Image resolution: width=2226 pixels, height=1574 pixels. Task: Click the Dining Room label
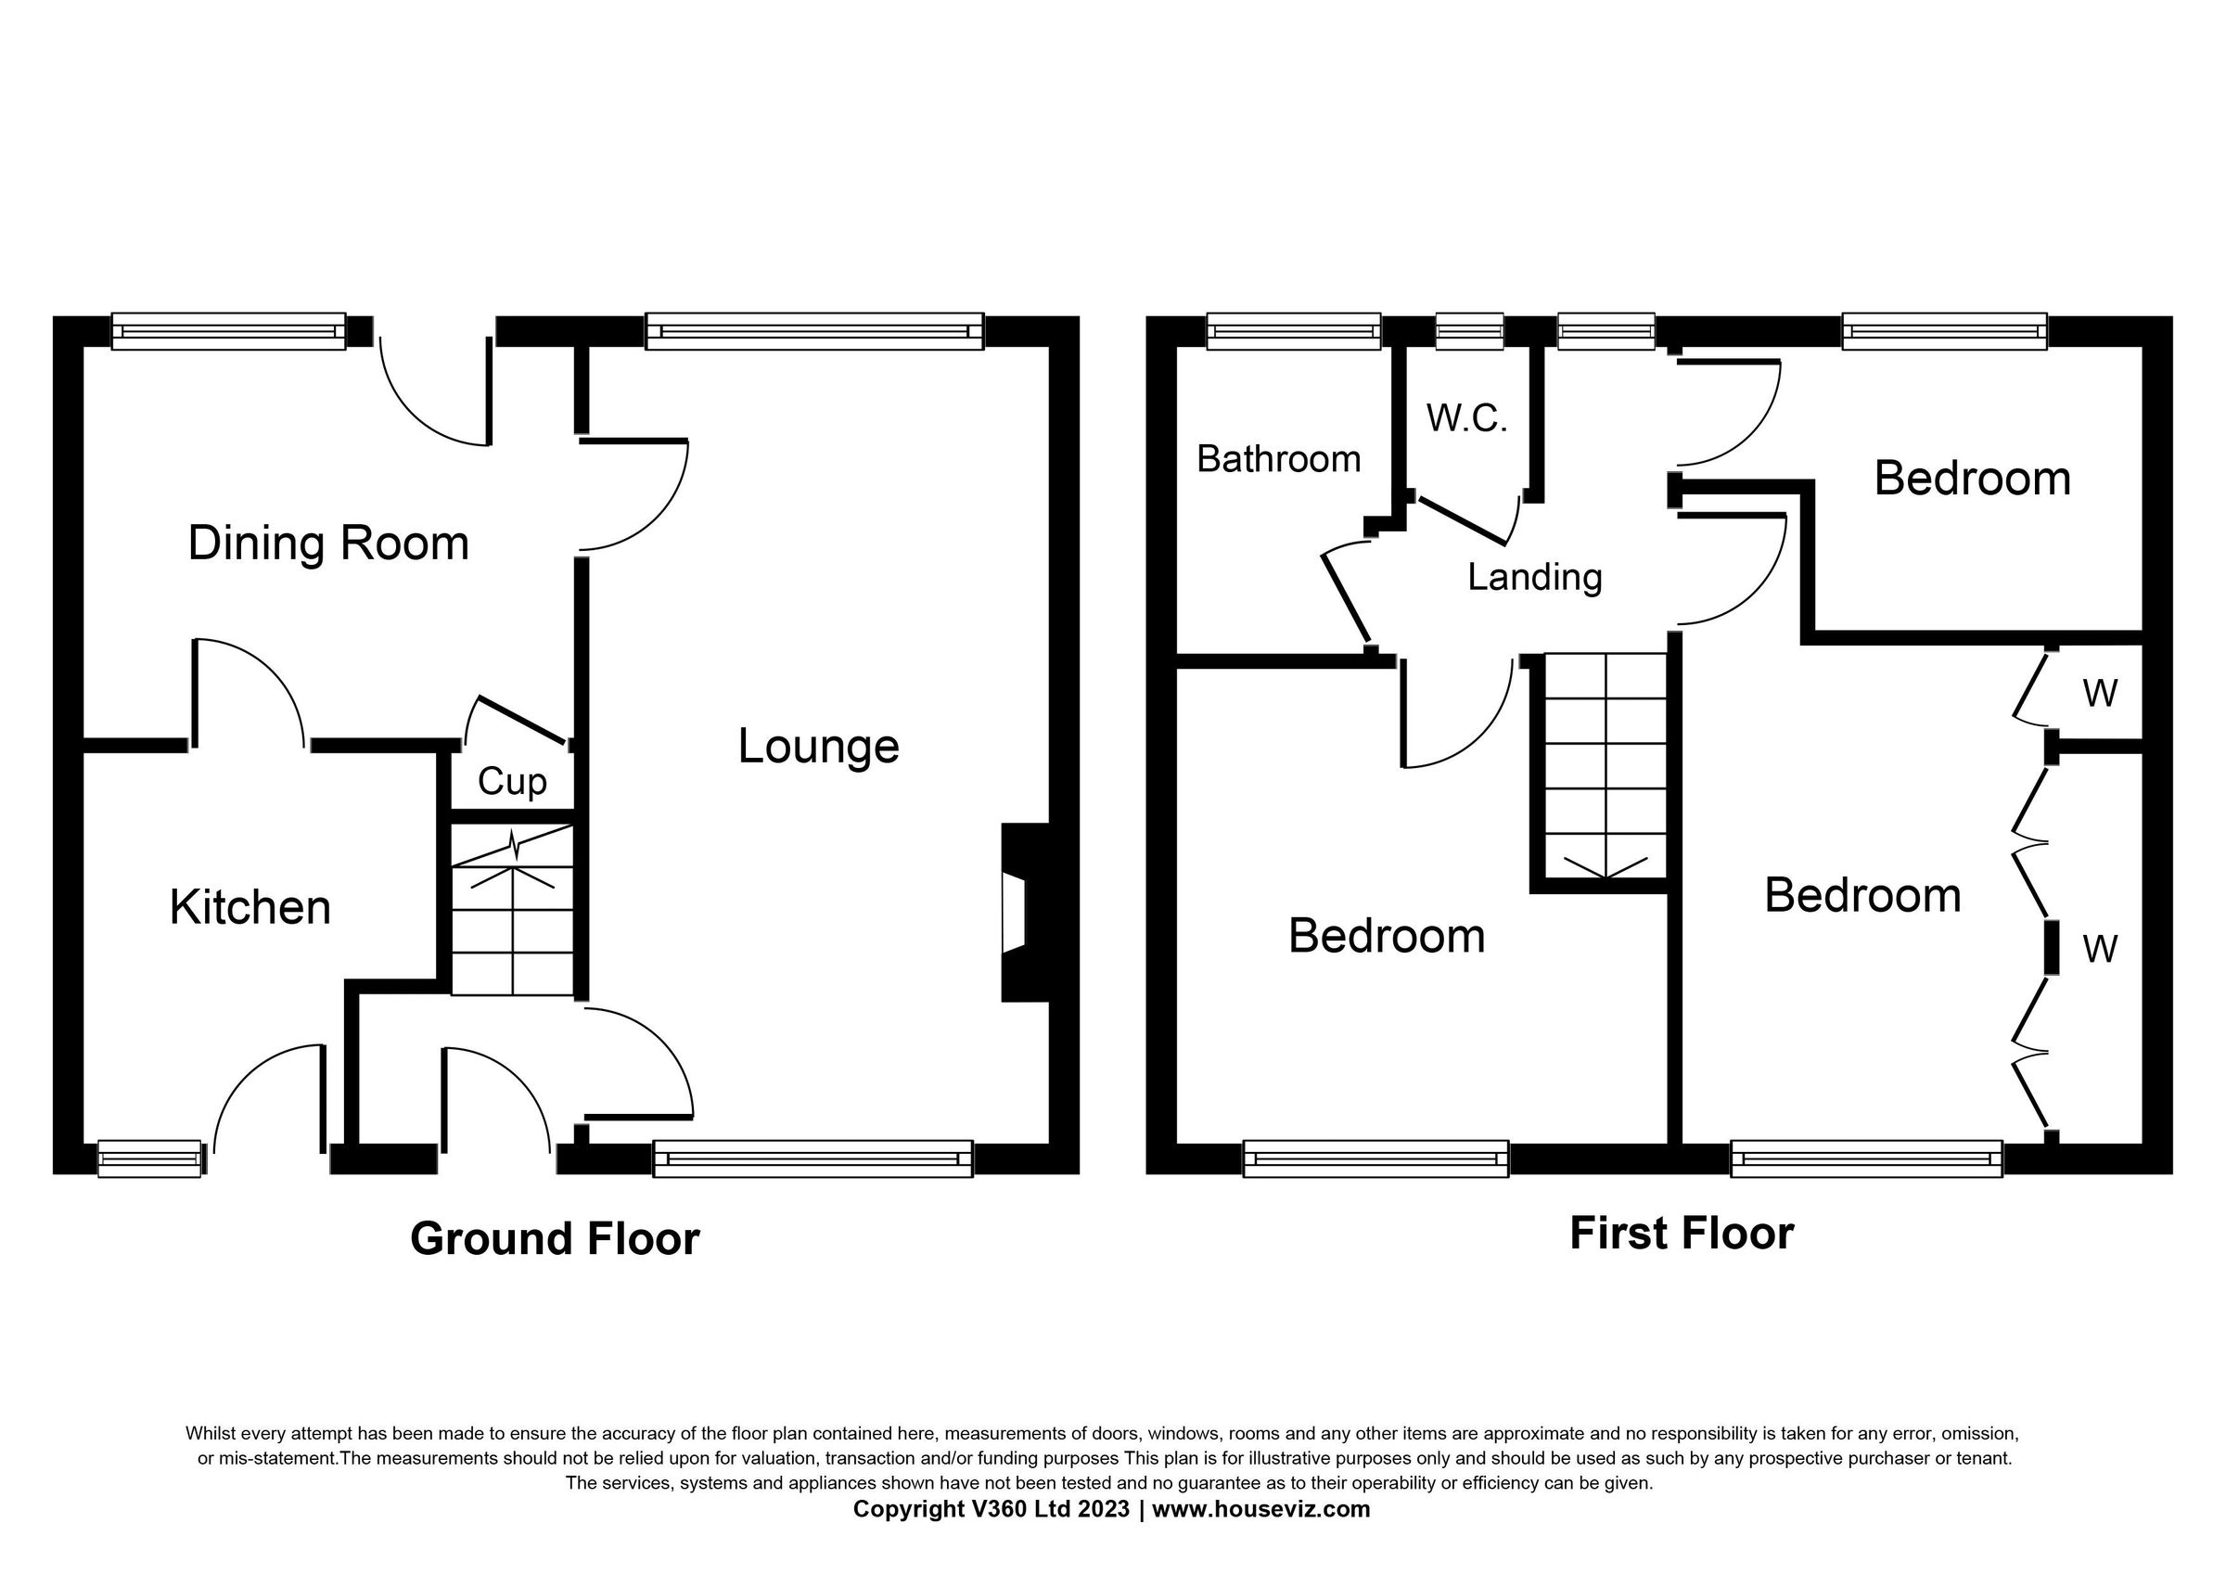coord(327,544)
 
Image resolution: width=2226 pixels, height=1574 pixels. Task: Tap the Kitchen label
coord(250,908)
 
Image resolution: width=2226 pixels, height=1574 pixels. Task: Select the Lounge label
coord(818,747)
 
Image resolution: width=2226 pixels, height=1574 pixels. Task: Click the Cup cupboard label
coord(512,782)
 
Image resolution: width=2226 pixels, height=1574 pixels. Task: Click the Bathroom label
coord(1278,459)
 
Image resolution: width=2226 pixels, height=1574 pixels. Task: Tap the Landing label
coord(1534,577)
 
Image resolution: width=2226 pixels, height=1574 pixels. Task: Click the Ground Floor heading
coord(555,1238)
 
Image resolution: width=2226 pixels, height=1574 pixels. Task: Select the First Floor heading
coord(1682,1234)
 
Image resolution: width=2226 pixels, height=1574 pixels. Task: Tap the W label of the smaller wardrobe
coord(2099,694)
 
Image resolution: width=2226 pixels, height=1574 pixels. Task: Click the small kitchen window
coord(149,1158)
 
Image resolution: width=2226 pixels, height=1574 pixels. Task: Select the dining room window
coord(229,331)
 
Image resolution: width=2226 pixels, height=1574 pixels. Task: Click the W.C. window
coord(1469,331)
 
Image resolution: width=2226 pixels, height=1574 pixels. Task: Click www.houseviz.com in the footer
coord(1260,1509)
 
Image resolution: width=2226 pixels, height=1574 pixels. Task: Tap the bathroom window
coord(1293,331)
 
